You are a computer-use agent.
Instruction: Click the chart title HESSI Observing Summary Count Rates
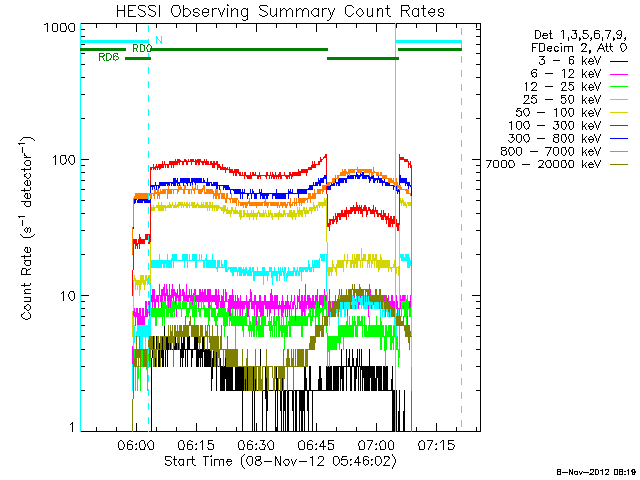tap(280, 11)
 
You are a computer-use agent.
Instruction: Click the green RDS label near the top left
tap(108, 58)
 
